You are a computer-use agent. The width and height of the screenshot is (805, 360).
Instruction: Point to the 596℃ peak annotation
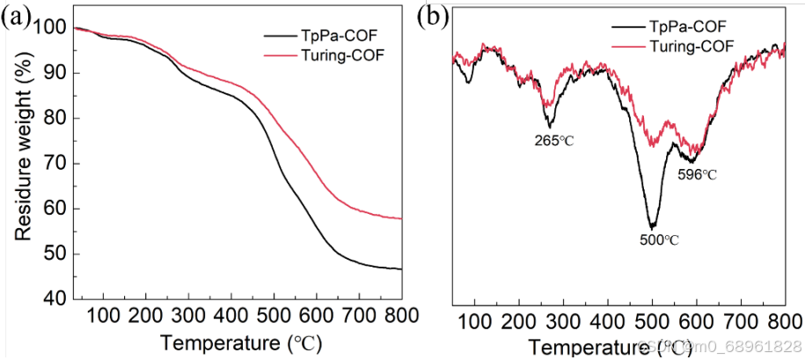click(697, 174)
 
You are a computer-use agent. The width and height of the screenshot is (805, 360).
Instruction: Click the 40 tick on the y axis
click(55, 299)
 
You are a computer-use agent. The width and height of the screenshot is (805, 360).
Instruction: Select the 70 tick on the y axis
click(55, 164)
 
